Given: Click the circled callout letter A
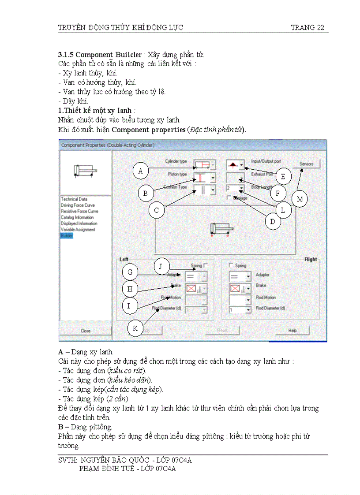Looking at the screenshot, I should point(140,171).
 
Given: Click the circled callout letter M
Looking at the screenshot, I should point(300,199).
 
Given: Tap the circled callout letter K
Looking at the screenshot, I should point(135,328).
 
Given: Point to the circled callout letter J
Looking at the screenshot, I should point(161,266).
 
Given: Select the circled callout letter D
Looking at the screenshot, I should point(273,221).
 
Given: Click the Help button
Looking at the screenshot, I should point(292,331).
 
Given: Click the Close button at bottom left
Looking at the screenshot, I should point(86,331).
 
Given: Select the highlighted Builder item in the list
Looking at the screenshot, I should point(67,236).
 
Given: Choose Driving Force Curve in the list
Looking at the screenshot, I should point(78,205).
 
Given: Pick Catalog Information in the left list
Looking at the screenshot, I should point(77,217).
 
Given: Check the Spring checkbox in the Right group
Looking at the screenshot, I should point(231,266).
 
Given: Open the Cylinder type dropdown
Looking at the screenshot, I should point(214,165).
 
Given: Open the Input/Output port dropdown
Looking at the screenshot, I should point(242,165).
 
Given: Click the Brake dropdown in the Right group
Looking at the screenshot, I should point(248,289).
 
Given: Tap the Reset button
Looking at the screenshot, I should point(222,331).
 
